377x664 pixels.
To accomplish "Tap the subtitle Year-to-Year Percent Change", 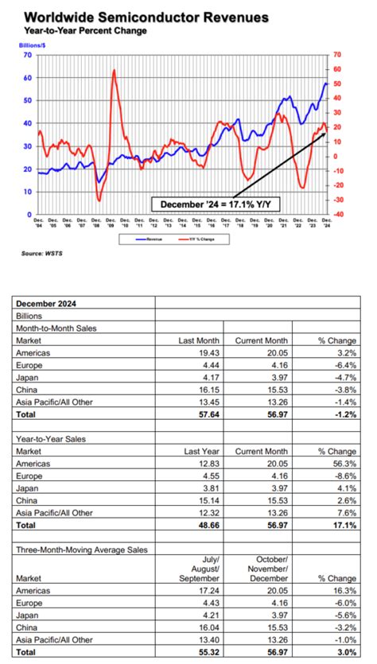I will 76,32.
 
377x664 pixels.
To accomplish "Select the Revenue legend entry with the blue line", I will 152,237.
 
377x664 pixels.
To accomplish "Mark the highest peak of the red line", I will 115,71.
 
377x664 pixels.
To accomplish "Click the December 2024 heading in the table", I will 46,303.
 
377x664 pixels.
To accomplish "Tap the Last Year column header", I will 205,450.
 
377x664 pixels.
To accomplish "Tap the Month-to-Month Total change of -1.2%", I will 344,414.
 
